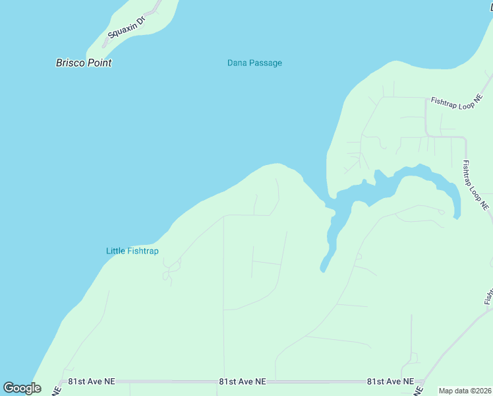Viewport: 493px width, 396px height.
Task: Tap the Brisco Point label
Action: pos(84,63)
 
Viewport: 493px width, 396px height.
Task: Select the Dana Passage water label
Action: pos(254,63)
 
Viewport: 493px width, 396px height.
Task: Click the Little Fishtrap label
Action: pos(132,251)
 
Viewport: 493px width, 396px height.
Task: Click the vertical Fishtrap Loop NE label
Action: pos(476,185)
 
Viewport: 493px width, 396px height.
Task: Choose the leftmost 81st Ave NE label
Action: pos(92,381)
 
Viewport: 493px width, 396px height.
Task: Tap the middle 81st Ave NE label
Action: pos(243,381)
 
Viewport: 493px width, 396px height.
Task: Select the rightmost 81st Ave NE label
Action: pos(391,381)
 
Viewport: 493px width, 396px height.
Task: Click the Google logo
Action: pos(22,388)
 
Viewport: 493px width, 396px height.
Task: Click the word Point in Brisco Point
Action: pos(98,63)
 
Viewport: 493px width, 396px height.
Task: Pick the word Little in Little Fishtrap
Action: pos(115,251)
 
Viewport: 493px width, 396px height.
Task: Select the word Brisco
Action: pos(69,63)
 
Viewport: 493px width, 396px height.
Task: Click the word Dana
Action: pos(237,63)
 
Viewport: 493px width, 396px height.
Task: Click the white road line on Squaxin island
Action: pos(153,10)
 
